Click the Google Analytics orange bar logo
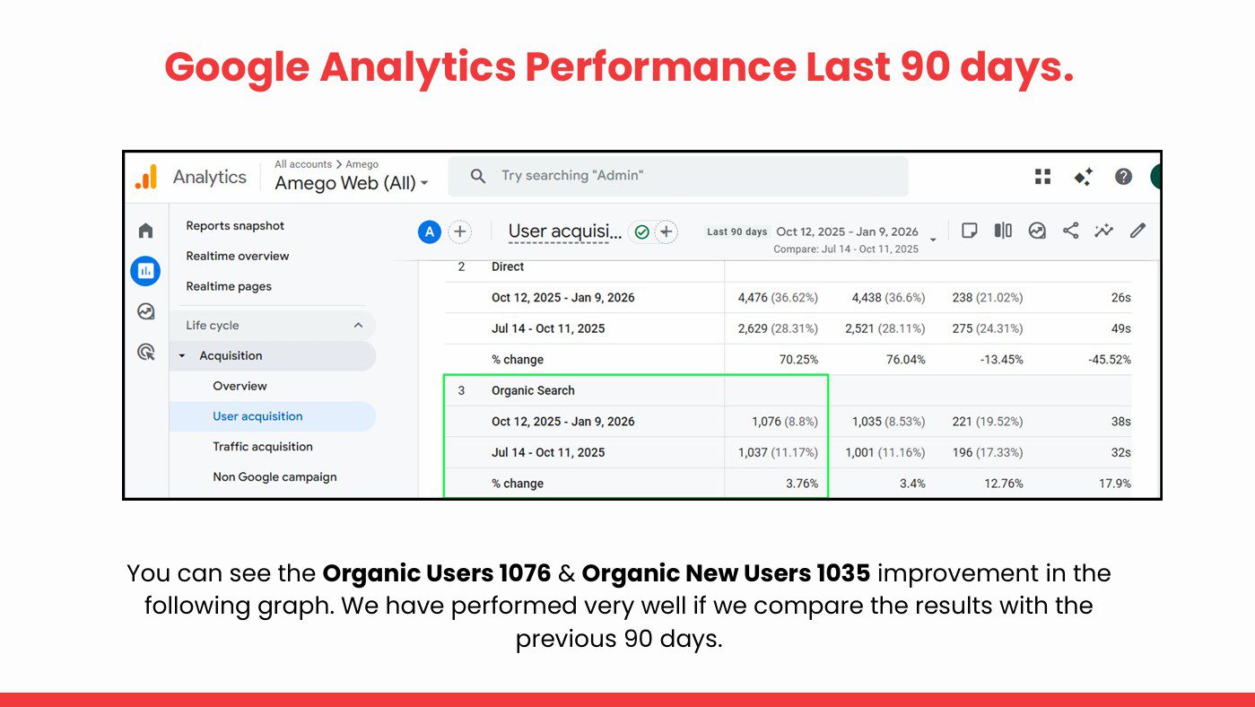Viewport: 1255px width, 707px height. click(146, 177)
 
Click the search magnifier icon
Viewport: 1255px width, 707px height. click(477, 177)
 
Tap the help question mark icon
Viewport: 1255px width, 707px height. click(1123, 177)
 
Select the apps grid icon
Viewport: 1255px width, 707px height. click(1042, 177)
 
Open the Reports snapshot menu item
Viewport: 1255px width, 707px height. click(235, 226)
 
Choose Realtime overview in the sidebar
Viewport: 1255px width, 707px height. click(238, 256)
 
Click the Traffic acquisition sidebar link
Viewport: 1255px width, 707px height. click(263, 447)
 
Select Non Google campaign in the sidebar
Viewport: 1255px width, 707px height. click(275, 476)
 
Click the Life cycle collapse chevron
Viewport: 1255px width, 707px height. click(358, 326)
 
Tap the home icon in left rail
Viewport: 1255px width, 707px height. click(145, 231)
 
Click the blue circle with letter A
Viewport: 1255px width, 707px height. click(430, 232)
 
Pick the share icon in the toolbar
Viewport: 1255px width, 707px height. click(1071, 231)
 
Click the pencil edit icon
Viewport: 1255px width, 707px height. click(1137, 231)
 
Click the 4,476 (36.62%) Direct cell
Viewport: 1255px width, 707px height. click(778, 298)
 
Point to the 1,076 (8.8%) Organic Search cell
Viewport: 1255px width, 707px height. click(784, 422)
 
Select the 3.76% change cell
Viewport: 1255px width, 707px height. click(802, 484)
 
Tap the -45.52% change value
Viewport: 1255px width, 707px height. click(1110, 360)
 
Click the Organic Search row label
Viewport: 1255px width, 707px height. click(533, 390)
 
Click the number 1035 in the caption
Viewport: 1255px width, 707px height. click(843, 573)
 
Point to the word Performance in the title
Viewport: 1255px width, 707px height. click(660, 66)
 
